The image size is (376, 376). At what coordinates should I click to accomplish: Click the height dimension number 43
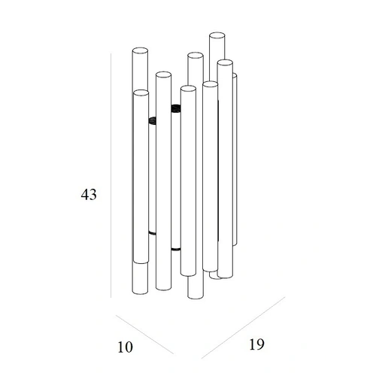89,195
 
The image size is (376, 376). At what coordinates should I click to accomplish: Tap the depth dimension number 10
125,347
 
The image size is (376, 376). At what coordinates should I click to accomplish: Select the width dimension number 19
256,344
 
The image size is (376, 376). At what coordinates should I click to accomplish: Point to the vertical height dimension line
111,175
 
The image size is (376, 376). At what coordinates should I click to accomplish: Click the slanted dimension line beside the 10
144,335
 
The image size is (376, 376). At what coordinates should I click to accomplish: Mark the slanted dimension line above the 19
243,328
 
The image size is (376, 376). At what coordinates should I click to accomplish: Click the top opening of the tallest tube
217,35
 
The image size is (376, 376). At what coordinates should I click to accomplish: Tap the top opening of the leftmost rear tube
140,50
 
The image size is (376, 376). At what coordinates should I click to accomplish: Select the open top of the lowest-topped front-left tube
141,92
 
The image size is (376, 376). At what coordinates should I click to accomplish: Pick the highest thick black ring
176,108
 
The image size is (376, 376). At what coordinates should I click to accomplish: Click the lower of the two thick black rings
153,120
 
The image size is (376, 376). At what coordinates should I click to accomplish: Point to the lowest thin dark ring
176,249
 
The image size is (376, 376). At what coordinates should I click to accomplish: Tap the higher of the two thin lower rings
152,233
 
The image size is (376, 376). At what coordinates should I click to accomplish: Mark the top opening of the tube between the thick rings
163,75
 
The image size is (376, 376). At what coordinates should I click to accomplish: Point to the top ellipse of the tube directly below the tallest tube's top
225,63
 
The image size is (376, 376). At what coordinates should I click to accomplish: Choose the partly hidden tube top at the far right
235,75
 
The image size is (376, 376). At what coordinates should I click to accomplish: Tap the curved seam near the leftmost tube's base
141,262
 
